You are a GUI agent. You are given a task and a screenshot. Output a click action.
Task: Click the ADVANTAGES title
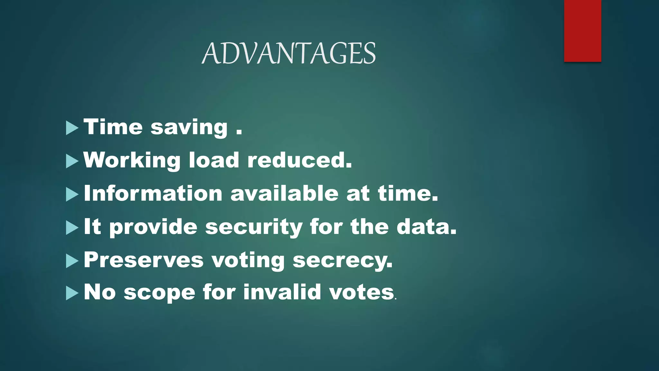point(289,53)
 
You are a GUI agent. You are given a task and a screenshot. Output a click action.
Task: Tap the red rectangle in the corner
point(582,31)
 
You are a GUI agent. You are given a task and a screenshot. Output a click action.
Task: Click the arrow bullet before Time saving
point(72,128)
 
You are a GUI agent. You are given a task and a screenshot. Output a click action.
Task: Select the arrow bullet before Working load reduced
point(72,161)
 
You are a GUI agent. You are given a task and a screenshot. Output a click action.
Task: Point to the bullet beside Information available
point(72,195)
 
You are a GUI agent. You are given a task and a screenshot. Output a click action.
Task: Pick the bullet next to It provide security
point(72,228)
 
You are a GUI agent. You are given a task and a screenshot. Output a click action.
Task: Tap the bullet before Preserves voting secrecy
point(72,261)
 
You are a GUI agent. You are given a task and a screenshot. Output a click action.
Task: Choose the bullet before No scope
point(72,293)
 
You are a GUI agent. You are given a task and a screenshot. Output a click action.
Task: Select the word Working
point(132,160)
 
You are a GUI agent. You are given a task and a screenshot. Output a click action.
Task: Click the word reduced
point(299,160)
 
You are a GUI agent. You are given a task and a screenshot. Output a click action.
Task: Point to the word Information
point(153,194)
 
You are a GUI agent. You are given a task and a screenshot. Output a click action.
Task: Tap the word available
point(284,194)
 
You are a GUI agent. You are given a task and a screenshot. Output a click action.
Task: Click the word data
point(426,227)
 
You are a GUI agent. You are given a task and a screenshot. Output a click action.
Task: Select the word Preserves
point(144,260)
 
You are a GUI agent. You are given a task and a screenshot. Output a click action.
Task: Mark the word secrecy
point(342,261)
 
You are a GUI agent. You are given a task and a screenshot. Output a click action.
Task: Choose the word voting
point(248,261)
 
